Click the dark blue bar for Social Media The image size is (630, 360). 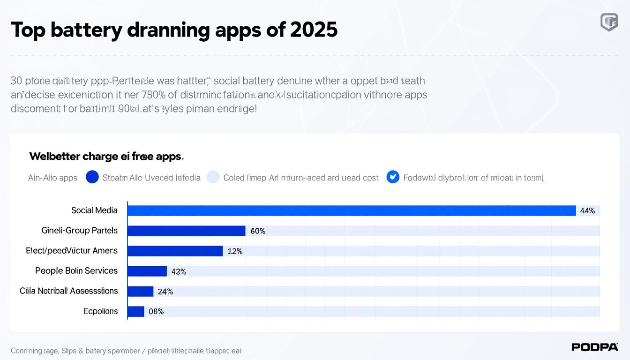point(352,210)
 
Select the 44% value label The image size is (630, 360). point(587,211)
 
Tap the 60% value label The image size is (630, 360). point(258,231)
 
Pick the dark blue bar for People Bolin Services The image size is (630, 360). point(147,271)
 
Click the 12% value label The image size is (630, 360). point(235,251)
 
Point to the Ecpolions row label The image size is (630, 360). point(101,311)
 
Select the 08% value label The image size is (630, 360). point(156,312)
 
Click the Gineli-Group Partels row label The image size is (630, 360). point(79,231)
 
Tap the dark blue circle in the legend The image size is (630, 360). point(92,177)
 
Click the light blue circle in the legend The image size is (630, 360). point(213,177)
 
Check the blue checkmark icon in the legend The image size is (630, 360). point(393,177)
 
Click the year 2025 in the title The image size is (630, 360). point(314,30)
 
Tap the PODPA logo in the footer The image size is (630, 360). point(595,347)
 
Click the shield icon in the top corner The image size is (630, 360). point(609,22)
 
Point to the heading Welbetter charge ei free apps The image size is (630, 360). point(106,156)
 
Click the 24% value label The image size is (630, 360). point(165,292)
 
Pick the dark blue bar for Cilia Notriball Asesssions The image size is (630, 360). point(141,291)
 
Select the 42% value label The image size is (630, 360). point(179,271)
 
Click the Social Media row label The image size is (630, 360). point(94,210)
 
